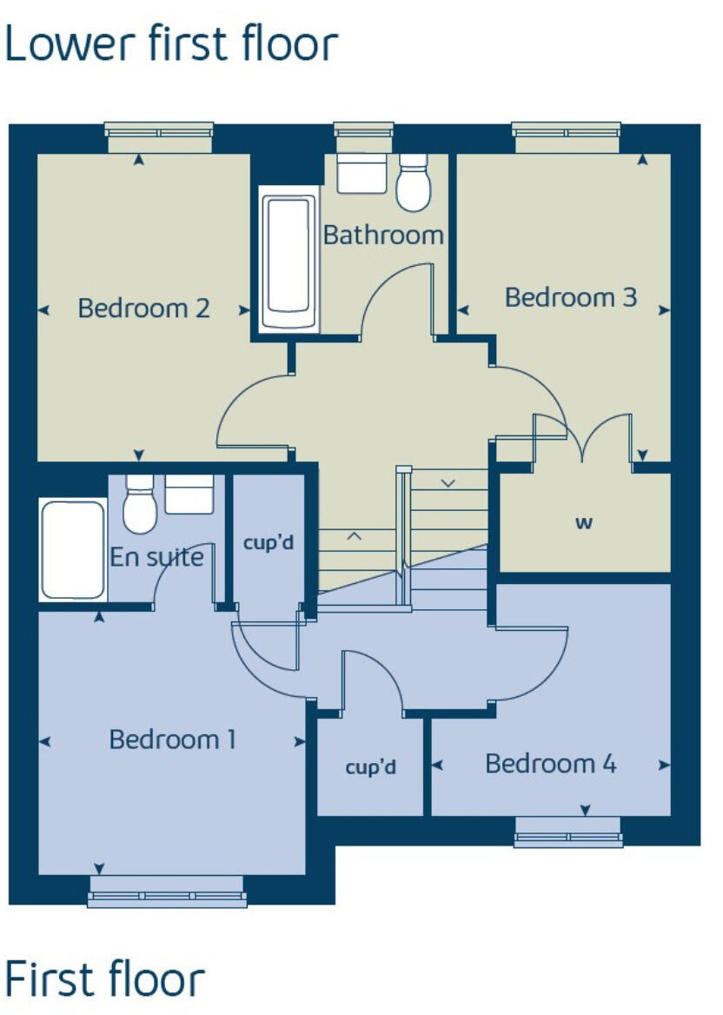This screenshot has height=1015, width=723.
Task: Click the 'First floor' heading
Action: [105, 979]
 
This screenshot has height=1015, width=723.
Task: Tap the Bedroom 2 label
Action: [144, 308]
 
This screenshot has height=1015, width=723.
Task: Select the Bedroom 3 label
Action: [571, 298]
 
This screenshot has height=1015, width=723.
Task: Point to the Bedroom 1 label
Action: [173, 740]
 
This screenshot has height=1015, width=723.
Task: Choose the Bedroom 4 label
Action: [551, 765]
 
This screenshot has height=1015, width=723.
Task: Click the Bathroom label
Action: [383, 235]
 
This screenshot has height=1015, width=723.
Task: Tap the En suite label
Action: [156, 557]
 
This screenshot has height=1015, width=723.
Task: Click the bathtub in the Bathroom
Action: [289, 262]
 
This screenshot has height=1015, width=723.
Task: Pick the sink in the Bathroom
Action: [361, 173]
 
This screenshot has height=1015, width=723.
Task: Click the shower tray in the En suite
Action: [73, 549]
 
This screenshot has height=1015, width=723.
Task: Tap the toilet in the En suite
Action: [139, 505]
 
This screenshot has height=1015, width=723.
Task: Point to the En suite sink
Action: [189, 494]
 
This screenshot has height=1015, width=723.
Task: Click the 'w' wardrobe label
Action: [584, 523]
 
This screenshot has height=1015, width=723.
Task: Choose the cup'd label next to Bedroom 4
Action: [371, 767]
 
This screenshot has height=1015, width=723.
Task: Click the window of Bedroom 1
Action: [166, 892]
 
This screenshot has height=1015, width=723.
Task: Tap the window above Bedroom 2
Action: [159, 131]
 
